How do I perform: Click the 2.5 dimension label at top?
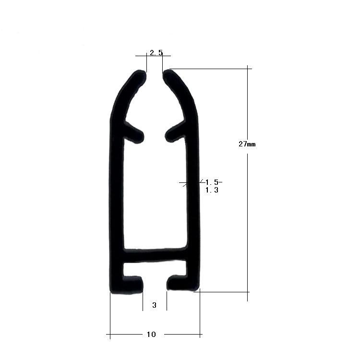click(156, 53)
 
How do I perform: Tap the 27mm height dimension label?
click(247, 144)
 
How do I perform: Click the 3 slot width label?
click(154, 305)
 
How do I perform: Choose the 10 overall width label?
click(151, 335)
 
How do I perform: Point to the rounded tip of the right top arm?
click(168, 75)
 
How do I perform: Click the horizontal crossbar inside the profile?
click(155, 255)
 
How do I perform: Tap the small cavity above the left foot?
click(132, 270)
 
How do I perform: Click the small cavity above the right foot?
click(178, 270)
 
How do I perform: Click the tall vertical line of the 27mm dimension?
click(248, 216)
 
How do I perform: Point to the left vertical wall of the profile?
click(116, 202)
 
